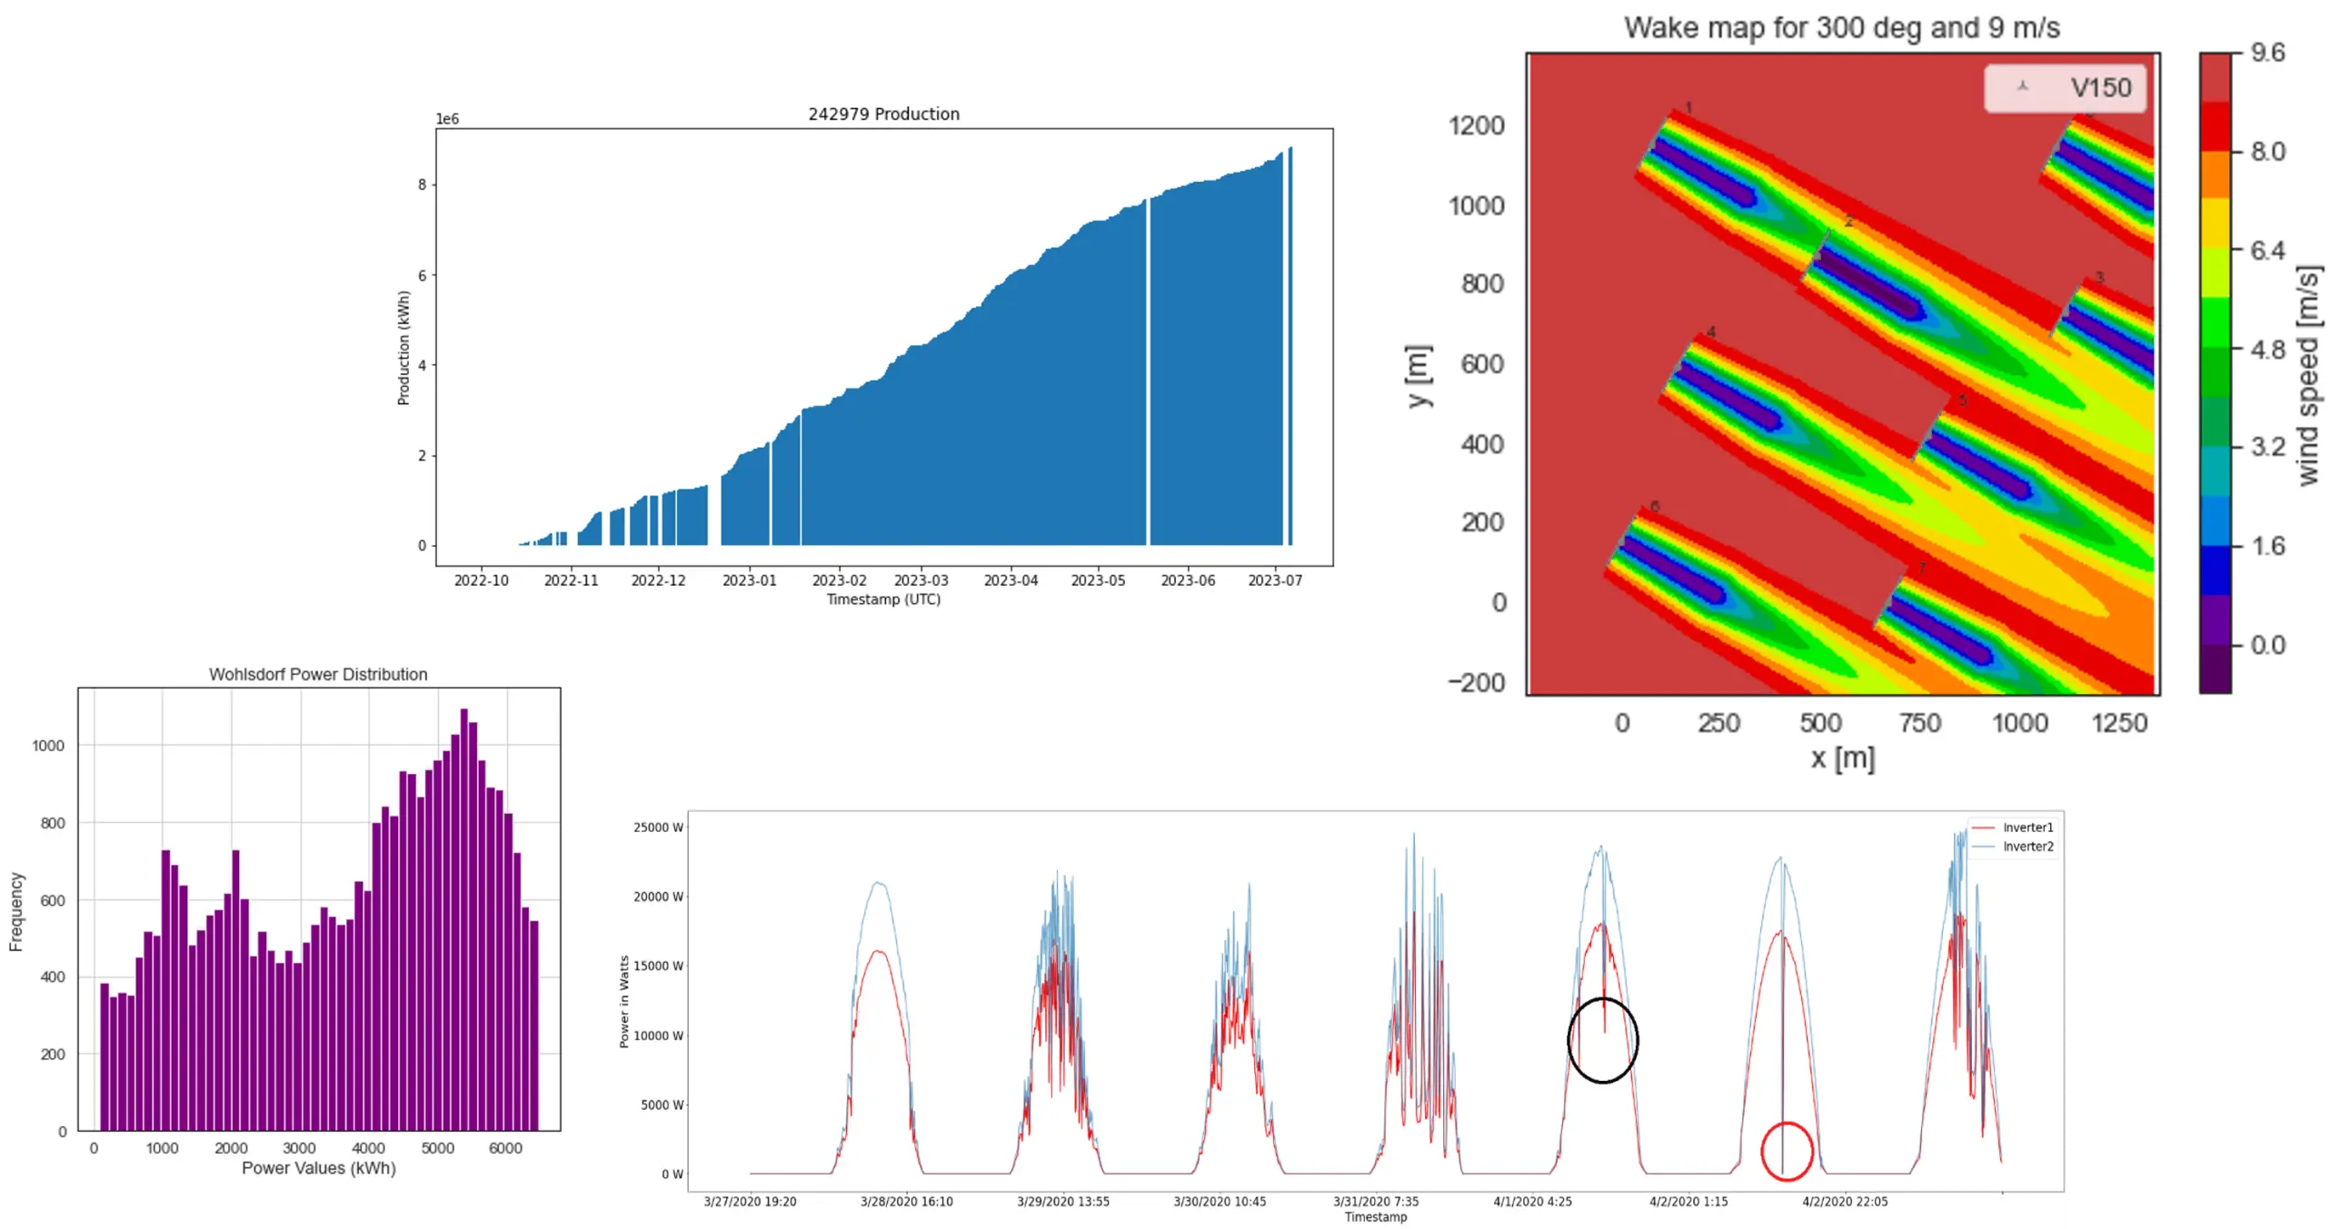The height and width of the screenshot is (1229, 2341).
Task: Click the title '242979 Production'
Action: point(883,114)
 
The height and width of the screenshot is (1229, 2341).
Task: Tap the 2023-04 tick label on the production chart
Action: point(1011,580)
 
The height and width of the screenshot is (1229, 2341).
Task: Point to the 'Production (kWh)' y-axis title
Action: point(403,348)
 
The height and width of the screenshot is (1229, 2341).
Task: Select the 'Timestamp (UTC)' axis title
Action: point(883,600)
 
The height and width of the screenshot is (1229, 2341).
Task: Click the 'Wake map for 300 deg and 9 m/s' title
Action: point(1841,27)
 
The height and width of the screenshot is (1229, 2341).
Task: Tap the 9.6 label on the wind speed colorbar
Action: point(2267,53)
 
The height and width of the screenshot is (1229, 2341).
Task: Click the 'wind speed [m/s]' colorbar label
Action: point(2308,375)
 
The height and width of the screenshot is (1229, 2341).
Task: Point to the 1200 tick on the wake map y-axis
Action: point(1476,125)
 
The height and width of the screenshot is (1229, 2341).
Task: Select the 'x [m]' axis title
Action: point(1842,758)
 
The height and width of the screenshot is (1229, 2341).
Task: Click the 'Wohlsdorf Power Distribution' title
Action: point(318,674)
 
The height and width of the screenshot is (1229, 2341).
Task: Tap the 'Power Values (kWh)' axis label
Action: point(318,1168)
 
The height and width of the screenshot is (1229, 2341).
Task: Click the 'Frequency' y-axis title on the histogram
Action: point(16,911)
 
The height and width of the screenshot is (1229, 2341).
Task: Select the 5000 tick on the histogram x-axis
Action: point(437,1148)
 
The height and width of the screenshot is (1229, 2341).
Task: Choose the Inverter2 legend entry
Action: point(2027,847)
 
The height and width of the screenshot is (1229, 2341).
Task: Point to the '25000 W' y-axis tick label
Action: point(659,828)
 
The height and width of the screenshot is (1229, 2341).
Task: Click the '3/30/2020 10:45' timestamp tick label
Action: point(1220,1202)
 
